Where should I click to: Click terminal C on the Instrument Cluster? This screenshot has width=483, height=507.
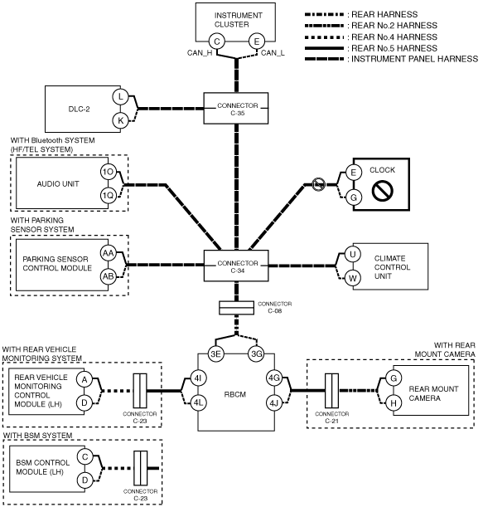pos(216,41)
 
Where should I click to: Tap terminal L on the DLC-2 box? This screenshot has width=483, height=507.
pos(120,96)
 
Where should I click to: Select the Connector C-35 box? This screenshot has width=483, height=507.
pos(236,109)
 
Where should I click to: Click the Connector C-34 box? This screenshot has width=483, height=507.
pos(236,266)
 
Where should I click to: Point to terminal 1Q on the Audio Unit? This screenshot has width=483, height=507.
pos(108,196)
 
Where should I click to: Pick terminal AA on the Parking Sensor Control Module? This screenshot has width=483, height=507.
pos(109,253)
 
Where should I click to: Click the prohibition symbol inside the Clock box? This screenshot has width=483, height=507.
pos(382,190)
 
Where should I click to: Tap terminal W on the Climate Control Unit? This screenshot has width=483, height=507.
pos(353,278)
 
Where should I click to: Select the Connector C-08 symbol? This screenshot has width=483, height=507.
pos(237,308)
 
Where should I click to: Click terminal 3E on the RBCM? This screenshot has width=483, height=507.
pos(215,353)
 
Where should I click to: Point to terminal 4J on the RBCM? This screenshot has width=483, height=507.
pos(273,403)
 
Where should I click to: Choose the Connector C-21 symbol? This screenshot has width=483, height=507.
pos(332,391)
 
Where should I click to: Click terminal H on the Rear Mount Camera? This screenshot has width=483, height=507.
pos(394,403)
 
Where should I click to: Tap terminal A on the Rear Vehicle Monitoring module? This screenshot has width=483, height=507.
pos(85,379)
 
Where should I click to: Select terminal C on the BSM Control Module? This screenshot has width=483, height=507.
pos(85,457)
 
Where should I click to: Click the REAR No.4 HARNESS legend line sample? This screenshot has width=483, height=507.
pos(324,37)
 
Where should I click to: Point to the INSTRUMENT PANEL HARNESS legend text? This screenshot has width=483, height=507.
pos(414,59)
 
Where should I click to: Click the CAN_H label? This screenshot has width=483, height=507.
pos(200,53)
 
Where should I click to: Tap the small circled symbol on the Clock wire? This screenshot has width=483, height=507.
pos(318,184)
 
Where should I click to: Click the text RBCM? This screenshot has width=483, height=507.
pos(235,394)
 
